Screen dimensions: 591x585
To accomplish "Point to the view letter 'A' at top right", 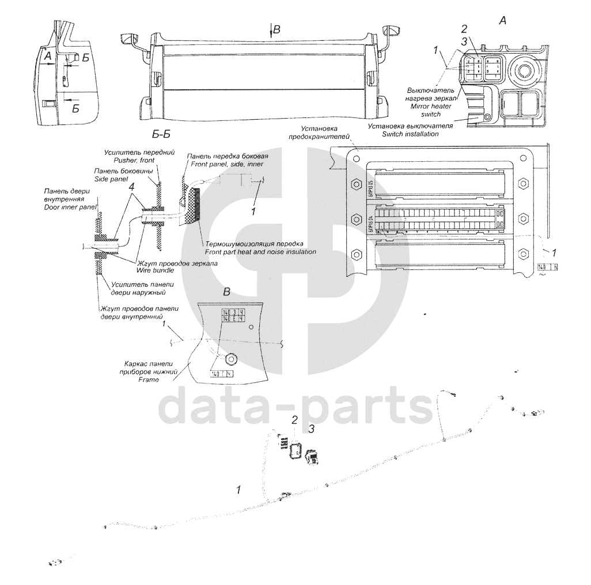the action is click(502, 21).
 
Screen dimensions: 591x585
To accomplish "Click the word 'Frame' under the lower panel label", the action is click(147, 381).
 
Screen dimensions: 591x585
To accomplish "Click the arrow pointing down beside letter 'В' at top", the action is click(270, 32).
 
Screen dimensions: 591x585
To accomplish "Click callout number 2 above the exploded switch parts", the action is click(294, 420).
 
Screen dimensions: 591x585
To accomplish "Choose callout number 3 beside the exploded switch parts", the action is click(312, 429).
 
